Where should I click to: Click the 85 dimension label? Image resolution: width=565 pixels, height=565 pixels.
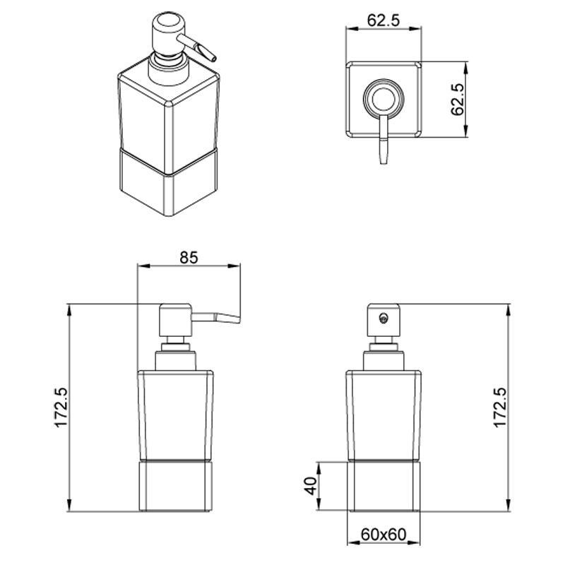(x=189, y=257)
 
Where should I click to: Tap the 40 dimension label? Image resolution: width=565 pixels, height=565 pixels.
(x=311, y=486)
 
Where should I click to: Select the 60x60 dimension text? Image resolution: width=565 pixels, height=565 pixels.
(x=383, y=534)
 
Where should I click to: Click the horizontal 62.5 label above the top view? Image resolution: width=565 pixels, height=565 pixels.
(x=383, y=20)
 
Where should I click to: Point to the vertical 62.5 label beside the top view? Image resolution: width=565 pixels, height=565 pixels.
(x=457, y=100)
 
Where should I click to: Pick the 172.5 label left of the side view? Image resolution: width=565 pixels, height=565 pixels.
(x=61, y=408)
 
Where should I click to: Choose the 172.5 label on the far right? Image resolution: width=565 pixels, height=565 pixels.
(x=500, y=408)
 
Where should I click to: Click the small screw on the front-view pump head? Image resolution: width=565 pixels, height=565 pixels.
(x=383, y=317)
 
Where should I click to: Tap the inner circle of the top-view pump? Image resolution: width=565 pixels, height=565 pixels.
(x=383, y=99)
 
